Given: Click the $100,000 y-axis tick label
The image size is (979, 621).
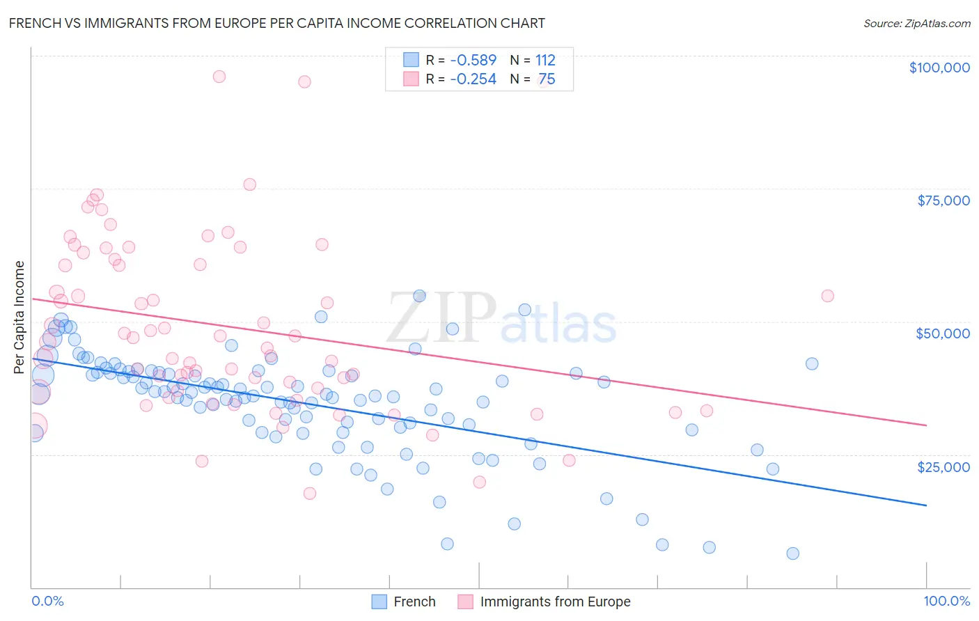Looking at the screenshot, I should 939,68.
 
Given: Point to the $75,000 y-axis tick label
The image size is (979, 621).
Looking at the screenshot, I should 943,201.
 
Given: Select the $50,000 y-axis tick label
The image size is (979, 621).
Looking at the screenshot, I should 942,333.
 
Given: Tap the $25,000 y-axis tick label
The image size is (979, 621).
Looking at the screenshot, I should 943,466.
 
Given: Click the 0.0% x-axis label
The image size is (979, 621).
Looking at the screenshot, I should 47,601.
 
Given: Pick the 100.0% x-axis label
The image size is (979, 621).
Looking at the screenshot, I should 946,601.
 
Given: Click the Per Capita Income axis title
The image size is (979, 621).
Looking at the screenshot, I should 19,317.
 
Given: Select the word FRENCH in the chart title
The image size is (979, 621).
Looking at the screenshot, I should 33,23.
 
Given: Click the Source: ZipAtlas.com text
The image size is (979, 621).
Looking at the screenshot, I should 916,23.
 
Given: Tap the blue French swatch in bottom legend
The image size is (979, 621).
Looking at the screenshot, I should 379,602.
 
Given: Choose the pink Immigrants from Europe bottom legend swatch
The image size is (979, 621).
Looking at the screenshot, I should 465,602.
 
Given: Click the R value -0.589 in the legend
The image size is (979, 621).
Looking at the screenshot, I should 473,60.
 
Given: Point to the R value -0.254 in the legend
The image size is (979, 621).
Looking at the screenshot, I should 473,79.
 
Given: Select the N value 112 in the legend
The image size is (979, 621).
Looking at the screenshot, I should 545,60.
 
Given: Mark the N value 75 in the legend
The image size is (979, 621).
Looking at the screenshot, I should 547,79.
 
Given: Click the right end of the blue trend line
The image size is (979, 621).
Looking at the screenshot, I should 926,505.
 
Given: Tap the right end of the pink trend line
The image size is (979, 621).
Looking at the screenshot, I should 926,425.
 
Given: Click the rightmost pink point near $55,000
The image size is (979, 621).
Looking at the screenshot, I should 827,296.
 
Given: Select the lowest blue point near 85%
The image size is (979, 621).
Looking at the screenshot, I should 792,553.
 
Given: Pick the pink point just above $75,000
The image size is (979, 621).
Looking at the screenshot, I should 249,184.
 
